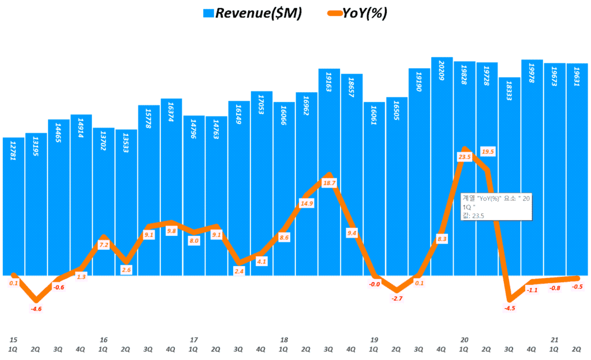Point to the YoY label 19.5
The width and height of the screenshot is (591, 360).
click(488, 151)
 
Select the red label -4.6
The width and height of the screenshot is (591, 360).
click(36, 309)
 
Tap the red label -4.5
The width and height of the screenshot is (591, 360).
click(509, 308)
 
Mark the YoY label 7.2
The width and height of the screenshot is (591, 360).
click(104, 245)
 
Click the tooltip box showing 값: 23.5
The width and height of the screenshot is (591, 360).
click(495, 207)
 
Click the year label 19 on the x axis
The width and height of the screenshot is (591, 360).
click(374, 340)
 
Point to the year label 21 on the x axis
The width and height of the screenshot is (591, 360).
click(554, 340)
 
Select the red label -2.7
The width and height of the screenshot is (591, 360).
click(397, 298)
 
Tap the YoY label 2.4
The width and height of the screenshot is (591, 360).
click(239, 271)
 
